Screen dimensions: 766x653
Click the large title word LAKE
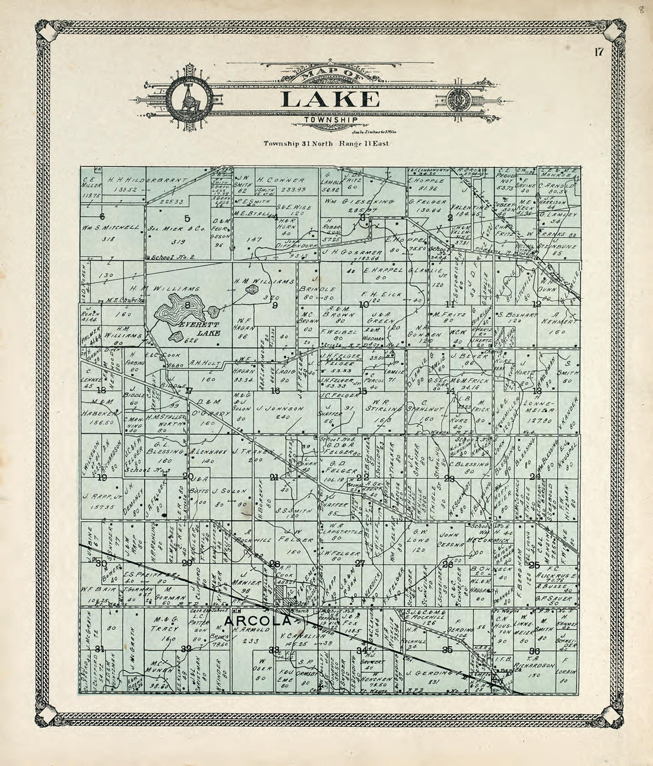[x=331, y=99]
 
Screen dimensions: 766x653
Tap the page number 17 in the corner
[x=598, y=52]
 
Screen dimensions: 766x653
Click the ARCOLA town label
[x=257, y=621]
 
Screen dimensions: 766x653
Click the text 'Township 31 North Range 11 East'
[x=326, y=144]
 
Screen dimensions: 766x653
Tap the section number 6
[x=102, y=216]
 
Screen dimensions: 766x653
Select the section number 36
[x=534, y=650]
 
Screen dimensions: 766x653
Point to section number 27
[x=359, y=563]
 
